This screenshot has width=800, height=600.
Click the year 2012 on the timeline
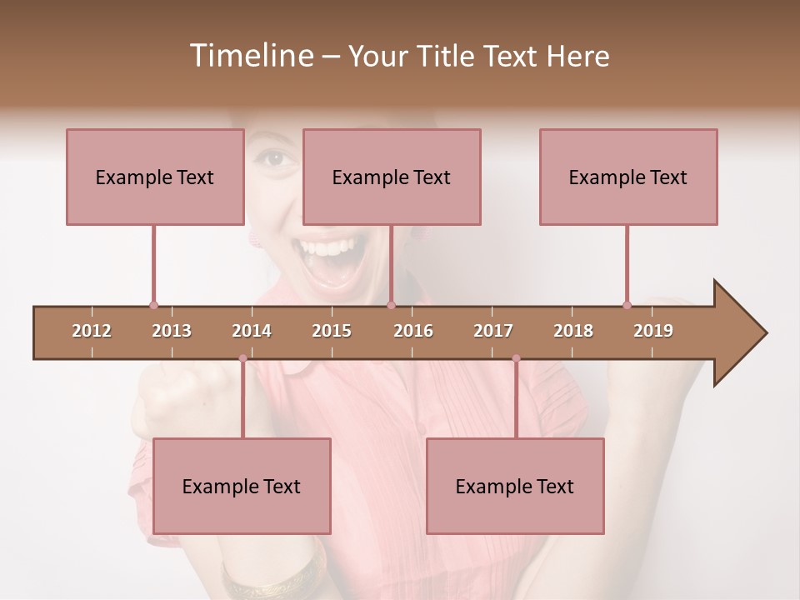pos(92,331)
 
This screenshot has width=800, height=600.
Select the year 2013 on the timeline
pos(172,331)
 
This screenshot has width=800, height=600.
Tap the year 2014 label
pos(252,331)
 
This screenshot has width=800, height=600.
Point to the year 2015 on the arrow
pos(332,331)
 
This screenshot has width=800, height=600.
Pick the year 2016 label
pos(413,331)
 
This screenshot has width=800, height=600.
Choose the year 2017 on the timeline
pos(493,331)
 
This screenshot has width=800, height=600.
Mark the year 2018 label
pos(573,331)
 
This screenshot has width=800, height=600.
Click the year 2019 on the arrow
pos(653,331)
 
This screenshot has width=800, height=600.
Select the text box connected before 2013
pos(155,177)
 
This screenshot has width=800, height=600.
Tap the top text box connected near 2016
pos(392,177)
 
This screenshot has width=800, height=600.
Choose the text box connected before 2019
pos(628,177)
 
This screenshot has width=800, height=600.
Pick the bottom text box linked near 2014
pos(242,486)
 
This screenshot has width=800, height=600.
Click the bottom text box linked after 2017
pos(515,486)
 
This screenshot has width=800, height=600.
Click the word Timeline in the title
pos(250,56)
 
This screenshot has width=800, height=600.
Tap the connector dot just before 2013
pos(153,305)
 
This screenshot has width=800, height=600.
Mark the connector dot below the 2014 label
pos(242,358)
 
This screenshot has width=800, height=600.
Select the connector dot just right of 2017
pos(516,358)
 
